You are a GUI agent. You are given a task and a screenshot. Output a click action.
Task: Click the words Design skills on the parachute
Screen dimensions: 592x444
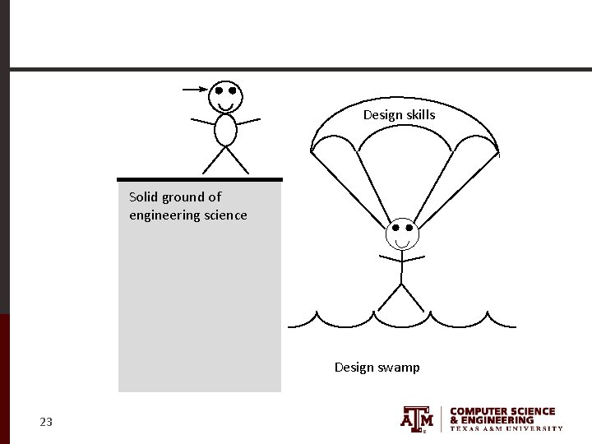(x=399, y=115)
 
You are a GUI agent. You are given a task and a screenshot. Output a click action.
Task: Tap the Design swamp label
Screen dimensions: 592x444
(x=377, y=368)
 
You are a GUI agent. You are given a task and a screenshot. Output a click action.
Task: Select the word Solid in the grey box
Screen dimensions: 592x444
(x=144, y=197)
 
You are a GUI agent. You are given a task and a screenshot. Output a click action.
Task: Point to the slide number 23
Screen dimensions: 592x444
(x=46, y=423)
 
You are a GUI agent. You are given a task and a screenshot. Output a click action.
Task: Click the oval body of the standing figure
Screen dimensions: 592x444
(x=225, y=130)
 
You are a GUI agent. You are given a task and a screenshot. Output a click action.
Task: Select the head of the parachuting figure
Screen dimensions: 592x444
(x=402, y=234)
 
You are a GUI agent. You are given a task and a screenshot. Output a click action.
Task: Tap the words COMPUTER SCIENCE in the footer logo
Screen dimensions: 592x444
(x=502, y=411)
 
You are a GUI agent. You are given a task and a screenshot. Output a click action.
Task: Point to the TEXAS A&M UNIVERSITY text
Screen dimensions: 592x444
(x=506, y=428)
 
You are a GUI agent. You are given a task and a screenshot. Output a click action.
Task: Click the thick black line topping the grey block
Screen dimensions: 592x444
(x=200, y=178)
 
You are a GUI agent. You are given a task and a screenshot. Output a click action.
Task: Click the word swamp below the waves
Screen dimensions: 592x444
(x=399, y=368)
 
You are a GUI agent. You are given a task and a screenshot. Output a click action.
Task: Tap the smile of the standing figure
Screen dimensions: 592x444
(x=225, y=107)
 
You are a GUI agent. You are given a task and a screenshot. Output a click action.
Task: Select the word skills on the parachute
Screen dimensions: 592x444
(x=420, y=115)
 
